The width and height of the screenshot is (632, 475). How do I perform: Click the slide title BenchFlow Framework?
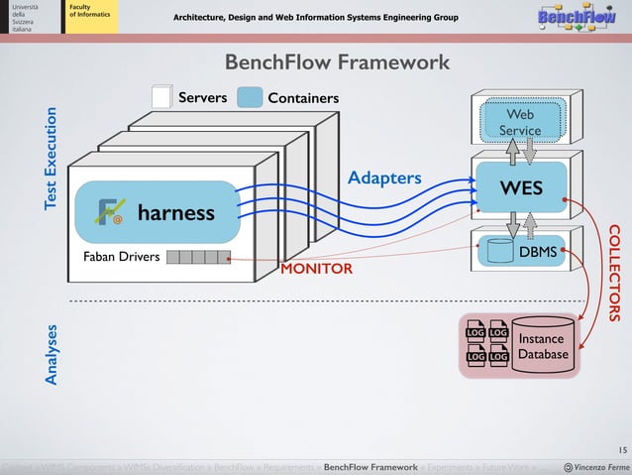pyautogui.click(x=337, y=63)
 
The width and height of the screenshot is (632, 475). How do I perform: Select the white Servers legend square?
pyautogui.click(x=161, y=97)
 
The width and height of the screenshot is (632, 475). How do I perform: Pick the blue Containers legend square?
pyautogui.click(x=252, y=97)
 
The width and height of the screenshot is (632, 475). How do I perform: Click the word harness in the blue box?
pyautogui.click(x=176, y=213)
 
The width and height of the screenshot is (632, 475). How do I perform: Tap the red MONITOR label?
pyautogui.click(x=317, y=269)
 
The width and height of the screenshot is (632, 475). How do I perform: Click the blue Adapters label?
pyautogui.click(x=384, y=178)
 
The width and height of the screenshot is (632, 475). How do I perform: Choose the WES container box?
pyautogui.click(x=520, y=188)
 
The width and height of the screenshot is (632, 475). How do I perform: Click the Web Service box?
pyautogui.click(x=520, y=123)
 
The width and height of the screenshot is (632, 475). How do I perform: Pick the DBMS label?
pyautogui.click(x=538, y=253)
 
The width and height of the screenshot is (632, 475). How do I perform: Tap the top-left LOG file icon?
pyautogui.click(x=475, y=332)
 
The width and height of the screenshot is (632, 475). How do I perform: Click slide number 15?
pyautogui.click(x=609, y=449)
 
